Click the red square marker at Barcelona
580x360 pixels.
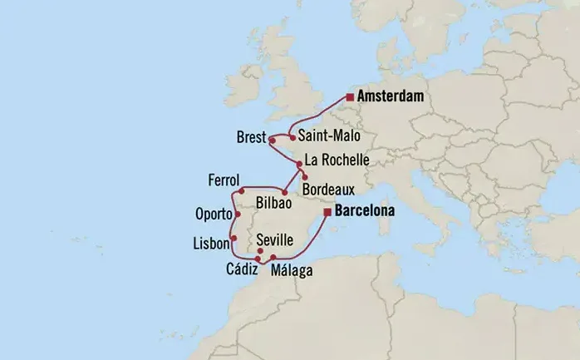click(x=327, y=213)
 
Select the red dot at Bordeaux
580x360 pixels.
click(x=305, y=177)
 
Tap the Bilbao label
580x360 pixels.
click(x=274, y=202)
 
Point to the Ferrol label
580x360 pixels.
click(x=225, y=180)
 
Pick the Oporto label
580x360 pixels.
click(x=213, y=213)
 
